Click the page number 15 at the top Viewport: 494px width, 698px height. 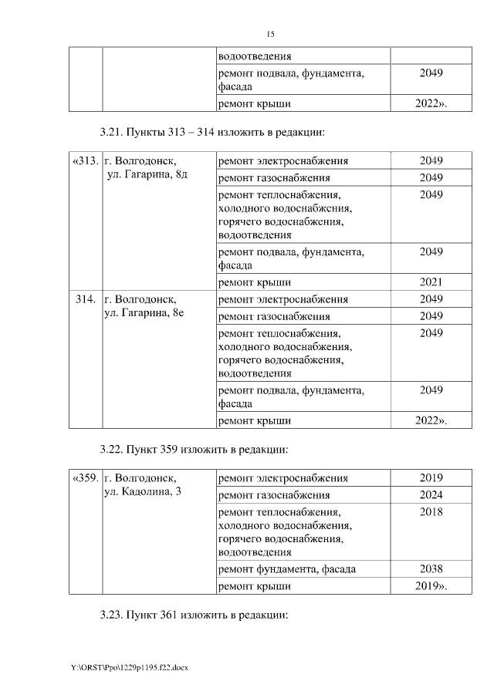point(270,35)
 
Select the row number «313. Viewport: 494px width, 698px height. point(84,161)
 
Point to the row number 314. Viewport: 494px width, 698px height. point(86,298)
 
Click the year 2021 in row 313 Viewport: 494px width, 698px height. point(431,282)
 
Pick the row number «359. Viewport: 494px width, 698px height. point(84,478)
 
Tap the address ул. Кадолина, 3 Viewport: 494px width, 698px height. point(142,493)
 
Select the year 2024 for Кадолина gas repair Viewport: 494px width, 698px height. point(431,494)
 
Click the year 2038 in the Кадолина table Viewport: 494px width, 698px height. point(431,569)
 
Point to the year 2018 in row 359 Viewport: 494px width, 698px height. point(431,511)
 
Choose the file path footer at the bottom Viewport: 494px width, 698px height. point(129,666)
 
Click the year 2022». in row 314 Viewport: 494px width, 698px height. point(431,420)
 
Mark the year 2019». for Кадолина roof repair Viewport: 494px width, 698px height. point(431,586)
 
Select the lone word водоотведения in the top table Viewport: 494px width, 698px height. point(255,56)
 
